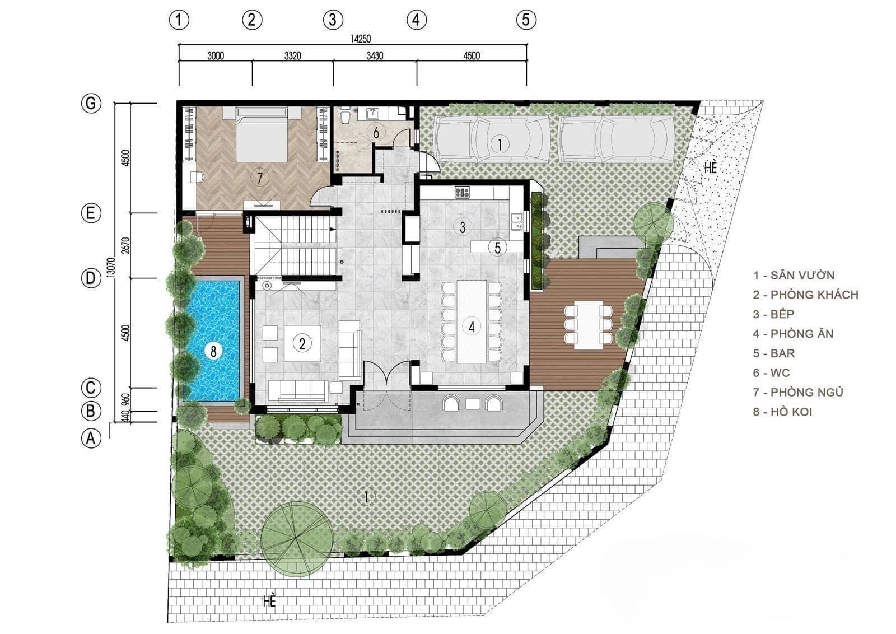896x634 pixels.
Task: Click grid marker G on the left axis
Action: tap(91, 104)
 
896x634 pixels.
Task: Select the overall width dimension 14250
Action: tap(361, 39)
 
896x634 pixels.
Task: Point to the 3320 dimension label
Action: tap(293, 55)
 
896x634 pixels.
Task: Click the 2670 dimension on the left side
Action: tap(125, 245)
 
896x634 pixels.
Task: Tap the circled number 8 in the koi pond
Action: tap(213, 351)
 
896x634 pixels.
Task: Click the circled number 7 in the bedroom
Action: tap(260, 177)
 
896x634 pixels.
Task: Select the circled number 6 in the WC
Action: tap(376, 132)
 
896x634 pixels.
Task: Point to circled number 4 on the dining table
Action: tap(472, 327)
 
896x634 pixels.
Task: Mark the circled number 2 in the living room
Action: tap(302, 343)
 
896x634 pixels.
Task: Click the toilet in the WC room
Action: tap(344, 115)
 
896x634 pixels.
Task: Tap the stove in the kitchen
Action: tap(462, 193)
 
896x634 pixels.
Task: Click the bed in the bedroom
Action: tap(262, 134)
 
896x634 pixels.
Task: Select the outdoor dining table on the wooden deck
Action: tap(589, 325)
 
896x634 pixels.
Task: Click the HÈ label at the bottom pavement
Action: tap(269, 601)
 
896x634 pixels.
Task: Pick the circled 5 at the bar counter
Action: tap(497, 247)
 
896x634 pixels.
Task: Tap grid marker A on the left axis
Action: tap(91, 439)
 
